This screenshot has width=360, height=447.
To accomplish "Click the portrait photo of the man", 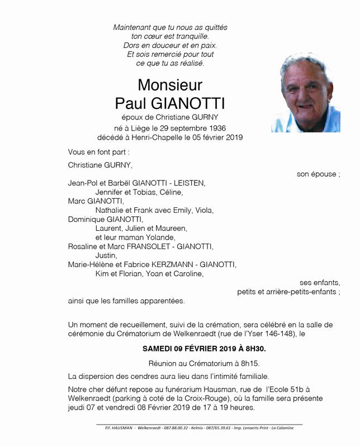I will (305, 93).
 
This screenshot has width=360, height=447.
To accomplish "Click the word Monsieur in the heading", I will (170, 85).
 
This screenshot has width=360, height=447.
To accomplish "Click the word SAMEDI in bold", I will (159, 349).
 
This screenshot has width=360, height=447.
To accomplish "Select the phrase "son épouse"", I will (316, 174).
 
